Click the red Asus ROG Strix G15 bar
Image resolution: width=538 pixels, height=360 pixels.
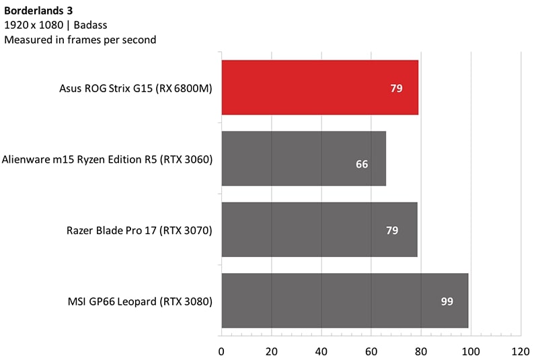tap(319, 87)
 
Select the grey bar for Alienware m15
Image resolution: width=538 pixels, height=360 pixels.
tap(303, 158)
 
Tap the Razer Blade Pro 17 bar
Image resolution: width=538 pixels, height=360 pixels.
tap(319, 229)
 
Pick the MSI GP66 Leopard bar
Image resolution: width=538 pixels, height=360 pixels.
tap(344, 300)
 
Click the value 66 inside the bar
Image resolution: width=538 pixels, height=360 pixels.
tap(362, 164)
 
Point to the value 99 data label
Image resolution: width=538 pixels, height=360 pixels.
tap(447, 301)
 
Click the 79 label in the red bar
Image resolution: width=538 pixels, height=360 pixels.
tap(396, 88)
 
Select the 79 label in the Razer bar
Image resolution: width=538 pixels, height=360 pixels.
tap(392, 230)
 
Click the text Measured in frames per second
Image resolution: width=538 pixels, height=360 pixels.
tap(80, 40)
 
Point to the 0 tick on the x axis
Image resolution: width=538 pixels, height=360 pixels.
tap(221, 351)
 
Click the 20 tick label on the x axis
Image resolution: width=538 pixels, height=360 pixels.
tap(271, 351)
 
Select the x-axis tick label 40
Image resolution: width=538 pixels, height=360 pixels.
tap(321, 351)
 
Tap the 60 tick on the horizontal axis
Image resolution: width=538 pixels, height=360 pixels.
tap(371, 351)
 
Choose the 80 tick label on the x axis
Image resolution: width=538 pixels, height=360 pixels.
tap(420, 351)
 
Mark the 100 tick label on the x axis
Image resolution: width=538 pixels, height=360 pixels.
tap(470, 351)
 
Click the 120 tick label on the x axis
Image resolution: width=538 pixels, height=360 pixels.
tap(520, 351)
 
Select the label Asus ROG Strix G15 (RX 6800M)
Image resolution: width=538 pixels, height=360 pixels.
tap(136, 88)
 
